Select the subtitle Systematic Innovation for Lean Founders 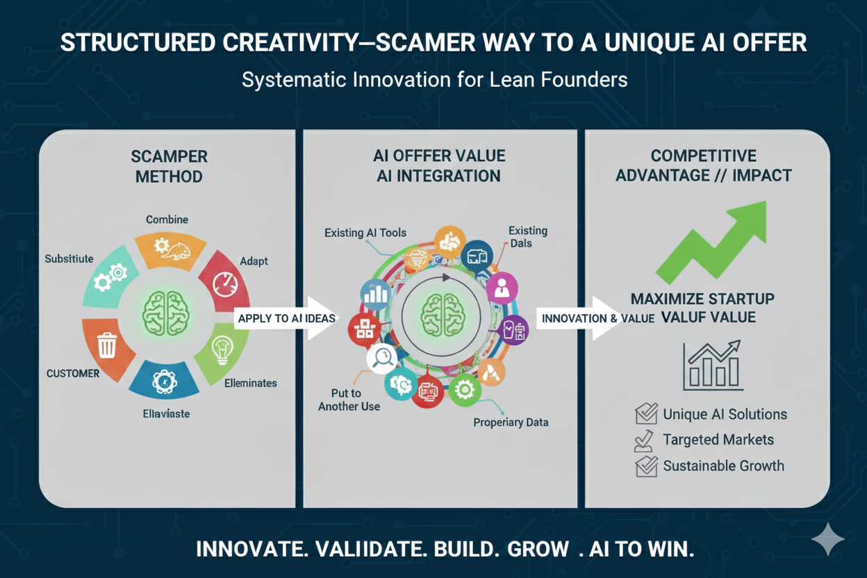[434, 80]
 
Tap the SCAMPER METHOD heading [169, 166]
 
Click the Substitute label [69, 258]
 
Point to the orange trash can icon [107, 345]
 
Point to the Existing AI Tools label [365, 233]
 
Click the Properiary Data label [511, 422]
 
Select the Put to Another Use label [349, 400]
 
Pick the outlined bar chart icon [711, 366]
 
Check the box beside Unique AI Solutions [646, 415]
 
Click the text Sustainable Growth [723, 465]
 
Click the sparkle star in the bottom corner [827, 539]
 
